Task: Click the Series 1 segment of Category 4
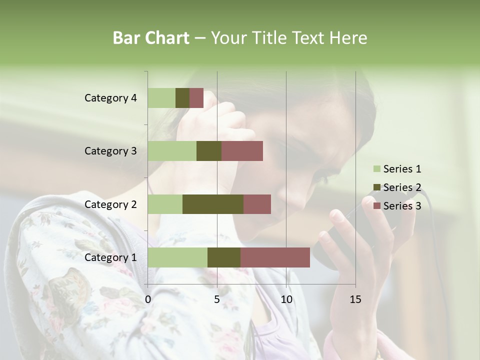(161, 98)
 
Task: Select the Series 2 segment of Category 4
(182, 98)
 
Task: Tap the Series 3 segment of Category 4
(196, 98)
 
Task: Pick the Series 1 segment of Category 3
(172, 151)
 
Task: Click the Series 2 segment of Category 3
(209, 151)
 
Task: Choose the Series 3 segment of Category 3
(242, 151)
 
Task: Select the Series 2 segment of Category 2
(213, 204)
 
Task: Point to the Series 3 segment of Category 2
(257, 204)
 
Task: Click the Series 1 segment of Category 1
(177, 257)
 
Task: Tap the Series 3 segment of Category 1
(275, 257)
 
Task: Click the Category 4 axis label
(110, 98)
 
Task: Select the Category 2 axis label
(110, 204)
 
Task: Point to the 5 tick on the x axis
(217, 299)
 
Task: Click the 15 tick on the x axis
(355, 299)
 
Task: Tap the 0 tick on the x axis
(148, 299)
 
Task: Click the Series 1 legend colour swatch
(376, 169)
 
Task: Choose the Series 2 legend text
(402, 187)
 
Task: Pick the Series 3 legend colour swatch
(376, 206)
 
